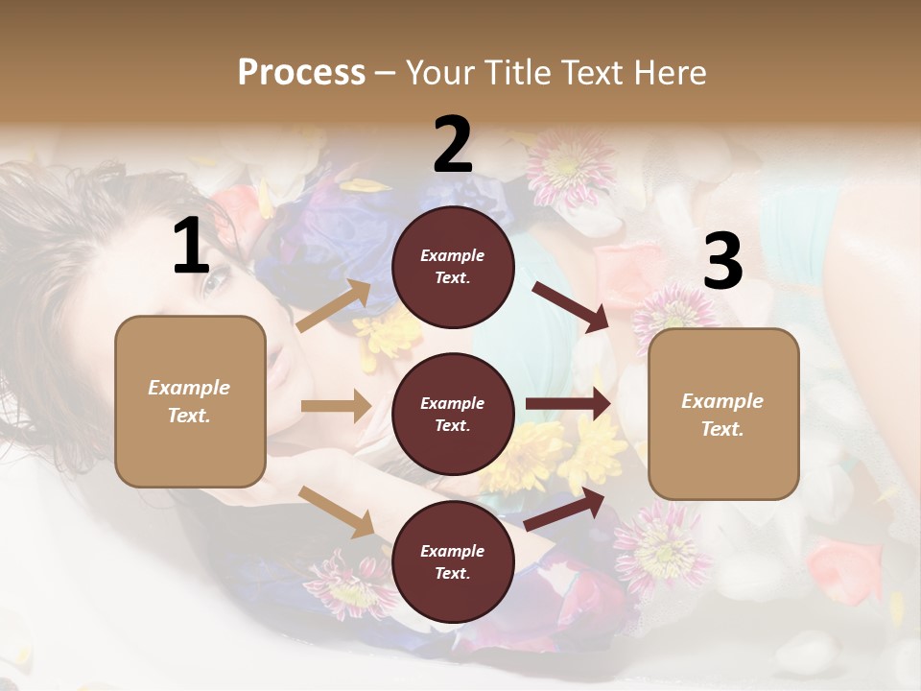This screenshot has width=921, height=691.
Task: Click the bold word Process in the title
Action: coord(301,73)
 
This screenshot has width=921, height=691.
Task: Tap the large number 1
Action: coord(191,247)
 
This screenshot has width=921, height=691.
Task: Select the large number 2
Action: coord(453,146)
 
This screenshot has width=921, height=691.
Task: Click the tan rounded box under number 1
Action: coord(190,401)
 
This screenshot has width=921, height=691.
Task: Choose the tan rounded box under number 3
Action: coord(723,414)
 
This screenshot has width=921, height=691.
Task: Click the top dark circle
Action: coord(453,267)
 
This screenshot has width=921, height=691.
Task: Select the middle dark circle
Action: coord(453,414)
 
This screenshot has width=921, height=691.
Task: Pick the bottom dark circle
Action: coord(453,561)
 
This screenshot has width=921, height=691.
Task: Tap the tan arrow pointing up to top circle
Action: coord(334,306)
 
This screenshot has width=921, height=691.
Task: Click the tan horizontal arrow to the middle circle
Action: coord(336,406)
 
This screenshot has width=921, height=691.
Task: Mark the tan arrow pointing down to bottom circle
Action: coord(337,511)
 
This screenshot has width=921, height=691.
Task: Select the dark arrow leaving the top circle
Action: coord(572,306)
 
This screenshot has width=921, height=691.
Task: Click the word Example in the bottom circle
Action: coord(453,551)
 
